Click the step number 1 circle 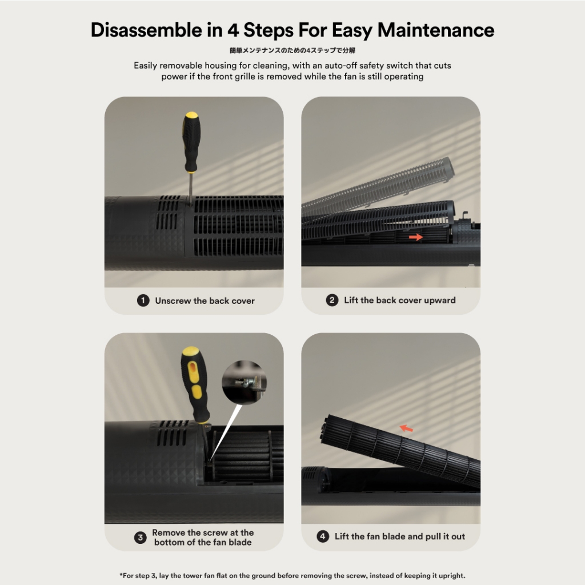pyautogui.click(x=143, y=300)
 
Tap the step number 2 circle pyautogui.click(x=332, y=300)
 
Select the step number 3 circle pyautogui.click(x=141, y=537)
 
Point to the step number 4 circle pyautogui.click(x=323, y=536)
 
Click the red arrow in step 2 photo pyautogui.click(x=416, y=237)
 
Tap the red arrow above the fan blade pyautogui.click(x=406, y=428)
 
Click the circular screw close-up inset pyautogui.click(x=244, y=382)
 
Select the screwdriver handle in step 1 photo pyautogui.click(x=191, y=142)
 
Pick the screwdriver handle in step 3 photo pyautogui.click(x=195, y=384)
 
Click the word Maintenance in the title pyautogui.click(x=436, y=30)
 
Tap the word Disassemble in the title pyautogui.click(x=146, y=30)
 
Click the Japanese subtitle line pyautogui.click(x=292, y=50)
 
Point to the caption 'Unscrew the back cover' pyautogui.click(x=205, y=300)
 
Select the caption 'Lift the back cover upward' pyautogui.click(x=399, y=300)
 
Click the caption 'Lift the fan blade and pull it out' pyautogui.click(x=399, y=536)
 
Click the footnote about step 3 pyautogui.click(x=292, y=575)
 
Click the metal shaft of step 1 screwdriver pyautogui.click(x=191, y=189)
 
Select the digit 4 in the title pyautogui.click(x=233, y=30)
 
